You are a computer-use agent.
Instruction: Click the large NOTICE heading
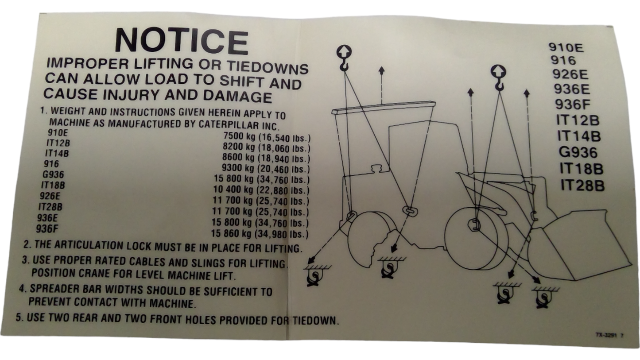(182, 41)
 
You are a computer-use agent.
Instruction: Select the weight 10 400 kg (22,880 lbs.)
(261, 190)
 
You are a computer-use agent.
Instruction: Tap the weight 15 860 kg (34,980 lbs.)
(260, 233)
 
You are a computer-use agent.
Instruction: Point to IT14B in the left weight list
(57, 154)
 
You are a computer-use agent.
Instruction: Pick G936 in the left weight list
(53, 174)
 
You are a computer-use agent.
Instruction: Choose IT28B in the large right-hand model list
(582, 186)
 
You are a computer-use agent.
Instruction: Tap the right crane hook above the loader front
(498, 77)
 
